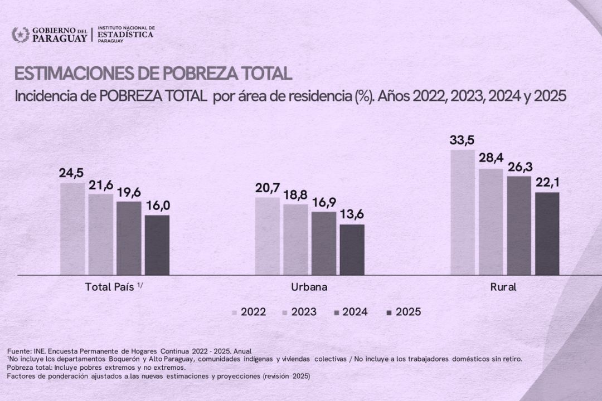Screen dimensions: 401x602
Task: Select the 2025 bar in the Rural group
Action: (x=547, y=233)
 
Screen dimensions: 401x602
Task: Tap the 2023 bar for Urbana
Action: (x=295, y=239)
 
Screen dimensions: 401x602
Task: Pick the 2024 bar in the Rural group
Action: (x=519, y=226)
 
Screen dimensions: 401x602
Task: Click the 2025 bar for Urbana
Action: (x=352, y=250)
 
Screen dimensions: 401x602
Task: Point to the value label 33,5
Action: (x=462, y=140)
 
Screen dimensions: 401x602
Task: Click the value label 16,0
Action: (x=157, y=206)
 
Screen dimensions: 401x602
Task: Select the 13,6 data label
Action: (x=352, y=215)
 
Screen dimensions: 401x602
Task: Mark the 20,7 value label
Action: (x=268, y=188)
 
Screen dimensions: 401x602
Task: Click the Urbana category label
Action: (x=309, y=287)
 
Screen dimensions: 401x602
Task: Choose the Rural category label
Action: (x=503, y=287)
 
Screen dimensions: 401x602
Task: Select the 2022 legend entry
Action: (x=249, y=312)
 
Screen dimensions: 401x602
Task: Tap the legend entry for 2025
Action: (x=404, y=312)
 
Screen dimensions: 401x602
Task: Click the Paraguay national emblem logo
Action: (x=21, y=35)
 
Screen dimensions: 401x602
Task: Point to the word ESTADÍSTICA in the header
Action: (x=125, y=35)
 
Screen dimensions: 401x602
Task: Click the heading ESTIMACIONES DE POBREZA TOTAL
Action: (x=153, y=74)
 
